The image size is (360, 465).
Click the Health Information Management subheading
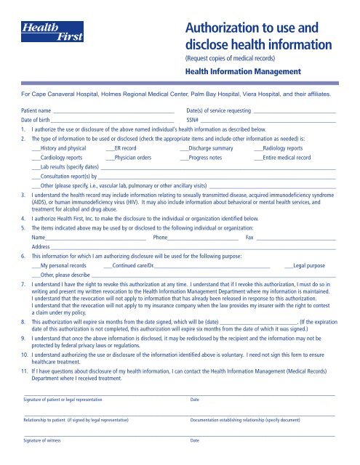pyautogui.click(x=243, y=71)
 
